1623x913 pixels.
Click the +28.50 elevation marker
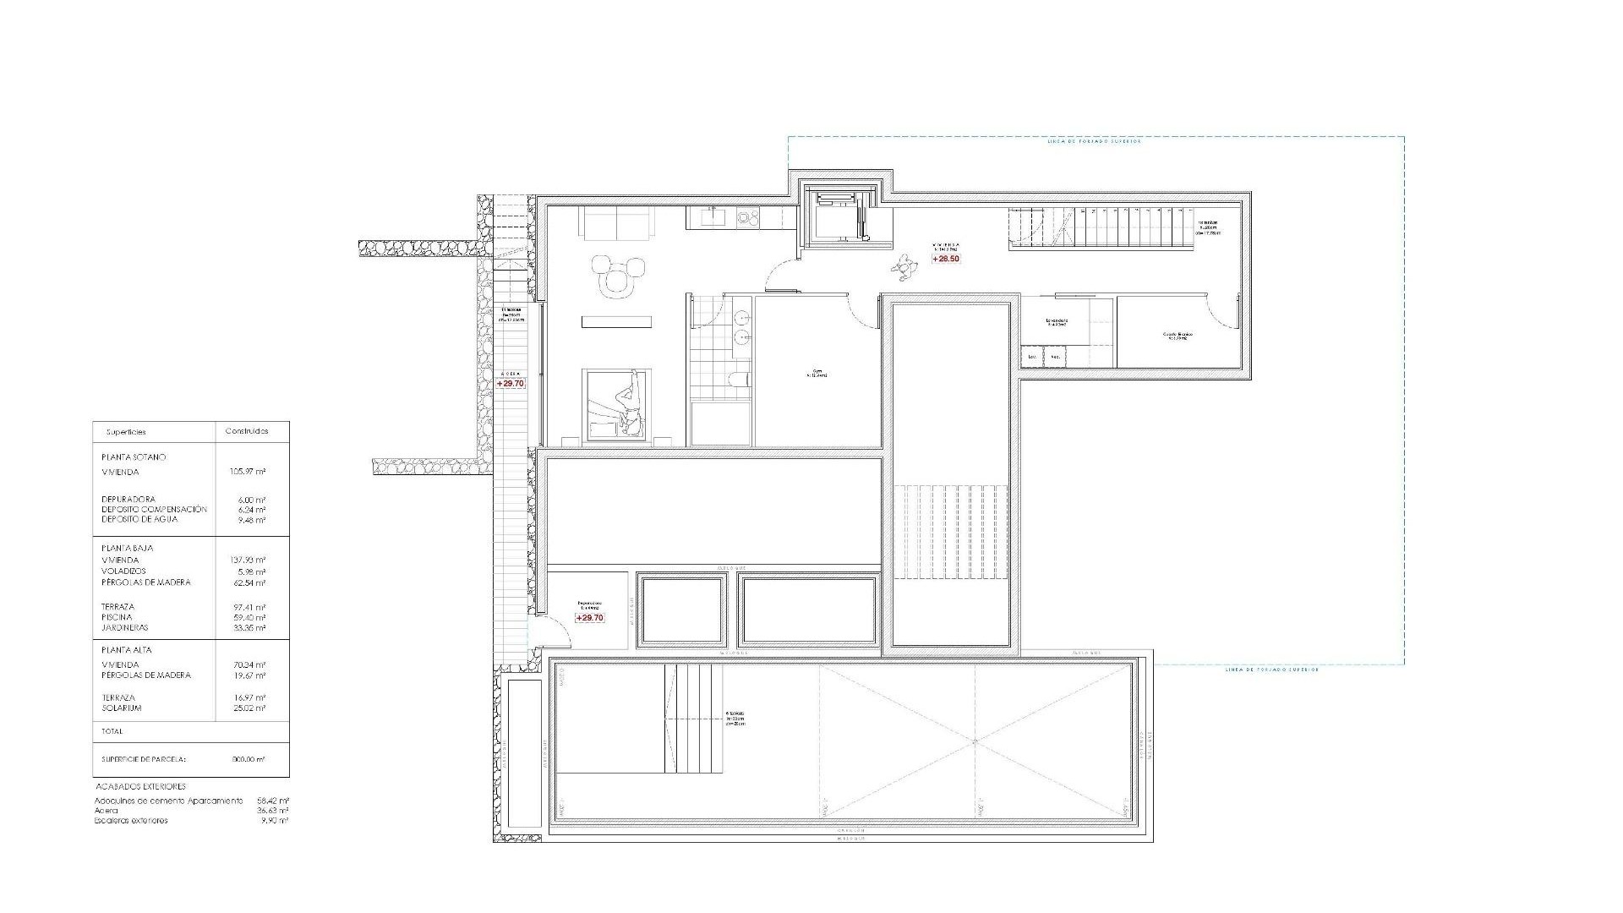[946, 259]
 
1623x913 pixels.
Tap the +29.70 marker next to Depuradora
[589, 618]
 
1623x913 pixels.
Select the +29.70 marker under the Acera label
[511, 383]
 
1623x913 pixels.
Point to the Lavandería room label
[1057, 322]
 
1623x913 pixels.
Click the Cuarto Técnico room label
[1177, 336]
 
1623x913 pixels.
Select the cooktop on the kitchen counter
[747, 217]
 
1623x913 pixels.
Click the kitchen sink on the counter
[711, 217]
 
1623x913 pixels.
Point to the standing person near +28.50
[905, 269]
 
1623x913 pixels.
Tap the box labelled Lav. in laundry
[1031, 358]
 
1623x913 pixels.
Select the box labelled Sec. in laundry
[1055, 358]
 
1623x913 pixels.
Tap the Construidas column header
[247, 431]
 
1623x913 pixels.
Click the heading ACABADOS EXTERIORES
[139, 786]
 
